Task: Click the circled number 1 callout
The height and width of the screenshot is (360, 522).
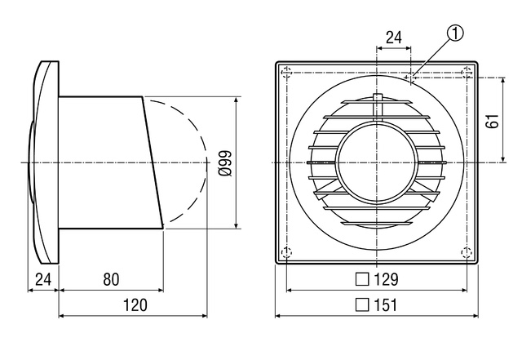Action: [455, 34]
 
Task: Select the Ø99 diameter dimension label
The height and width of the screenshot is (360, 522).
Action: [225, 163]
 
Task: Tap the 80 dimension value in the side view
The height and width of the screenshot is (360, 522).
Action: [111, 279]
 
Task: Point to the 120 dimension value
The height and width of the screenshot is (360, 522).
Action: [135, 305]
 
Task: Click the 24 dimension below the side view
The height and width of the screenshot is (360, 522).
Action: [43, 279]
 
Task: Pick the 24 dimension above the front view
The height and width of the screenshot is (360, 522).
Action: [394, 38]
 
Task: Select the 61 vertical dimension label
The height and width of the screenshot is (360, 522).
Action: [493, 121]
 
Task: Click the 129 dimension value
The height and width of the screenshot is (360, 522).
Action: [386, 279]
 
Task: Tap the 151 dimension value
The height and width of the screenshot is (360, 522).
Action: [386, 305]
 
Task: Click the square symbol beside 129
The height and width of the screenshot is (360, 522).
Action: [362, 279]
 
